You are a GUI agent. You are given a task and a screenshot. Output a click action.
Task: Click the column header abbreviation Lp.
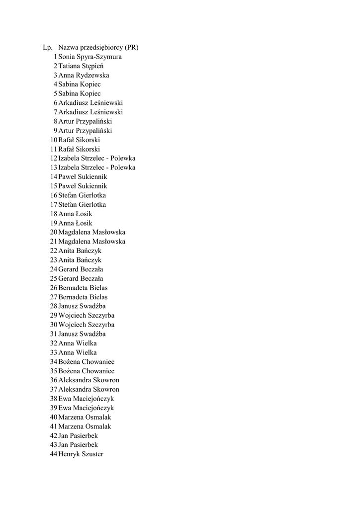pyautogui.click(x=48, y=48)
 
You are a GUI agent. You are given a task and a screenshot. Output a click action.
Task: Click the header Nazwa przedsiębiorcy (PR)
pyautogui.click(x=98, y=48)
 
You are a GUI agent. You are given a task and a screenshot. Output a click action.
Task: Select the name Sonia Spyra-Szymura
pyautogui.click(x=90, y=57)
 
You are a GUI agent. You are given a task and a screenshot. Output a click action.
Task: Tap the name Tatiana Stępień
pyautogui.click(x=81, y=66)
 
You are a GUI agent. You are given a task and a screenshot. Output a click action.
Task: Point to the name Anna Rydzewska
pyautogui.click(x=84, y=76)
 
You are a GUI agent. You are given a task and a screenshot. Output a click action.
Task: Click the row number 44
pyautogui.click(x=54, y=454)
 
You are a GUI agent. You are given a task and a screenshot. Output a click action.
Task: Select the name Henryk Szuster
pyautogui.click(x=81, y=454)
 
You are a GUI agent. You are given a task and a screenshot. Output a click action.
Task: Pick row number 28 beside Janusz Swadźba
pyautogui.click(x=54, y=306)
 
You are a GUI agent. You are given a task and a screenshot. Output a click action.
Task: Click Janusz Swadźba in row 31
pyautogui.click(x=82, y=334)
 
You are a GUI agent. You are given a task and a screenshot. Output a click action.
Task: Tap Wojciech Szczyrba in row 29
pyautogui.click(x=86, y=316)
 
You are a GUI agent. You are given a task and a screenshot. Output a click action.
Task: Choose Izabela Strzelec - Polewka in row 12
pyautogui.click(x=96, y=159)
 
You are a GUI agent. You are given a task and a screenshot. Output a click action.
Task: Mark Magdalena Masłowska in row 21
pyautogui.click(x=91, y=242)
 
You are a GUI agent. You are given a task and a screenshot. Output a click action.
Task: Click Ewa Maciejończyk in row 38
pyautogui.click(x=86, y=399)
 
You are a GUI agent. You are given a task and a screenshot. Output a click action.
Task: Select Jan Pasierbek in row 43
pyautogui.click(x=78, y=445)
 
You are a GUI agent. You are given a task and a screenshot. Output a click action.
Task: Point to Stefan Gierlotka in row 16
pyautogui.click(x=82, y=195)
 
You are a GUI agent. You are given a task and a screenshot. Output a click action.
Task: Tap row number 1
pyautogui.click(x=55, y=57)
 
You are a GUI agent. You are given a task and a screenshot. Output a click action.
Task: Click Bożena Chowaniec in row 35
pyautogui.click(x=86, y=371)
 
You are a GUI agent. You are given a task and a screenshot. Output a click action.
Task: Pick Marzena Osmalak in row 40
pyautogui.click(x=85, y=417)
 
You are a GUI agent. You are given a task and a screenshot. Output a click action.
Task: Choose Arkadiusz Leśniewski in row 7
pyautogui.click(x=90, y=112)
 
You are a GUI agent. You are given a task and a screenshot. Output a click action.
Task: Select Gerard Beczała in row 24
pyautogui.click(x=81, y=269)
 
